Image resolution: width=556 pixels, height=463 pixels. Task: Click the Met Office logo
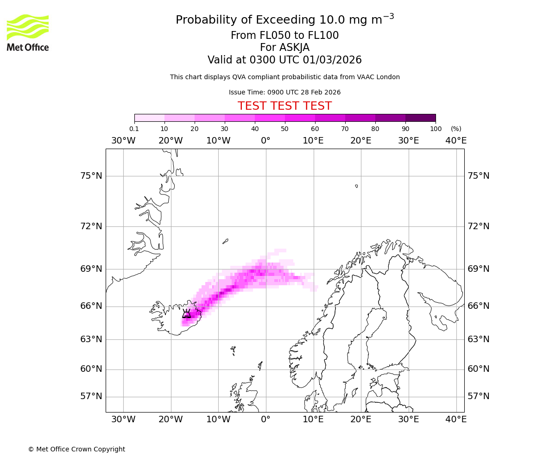28,32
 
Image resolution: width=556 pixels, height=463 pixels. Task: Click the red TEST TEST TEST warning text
284,106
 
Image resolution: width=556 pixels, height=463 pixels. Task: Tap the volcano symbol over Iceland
186,314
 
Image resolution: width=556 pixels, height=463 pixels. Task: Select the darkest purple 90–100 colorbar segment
420,118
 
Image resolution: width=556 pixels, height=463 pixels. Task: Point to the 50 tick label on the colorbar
284,129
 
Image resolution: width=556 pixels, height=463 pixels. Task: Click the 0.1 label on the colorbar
134,129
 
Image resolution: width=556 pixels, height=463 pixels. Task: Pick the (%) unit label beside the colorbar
456,129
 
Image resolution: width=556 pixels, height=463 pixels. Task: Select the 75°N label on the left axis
90,176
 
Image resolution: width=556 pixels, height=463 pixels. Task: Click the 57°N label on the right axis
479,396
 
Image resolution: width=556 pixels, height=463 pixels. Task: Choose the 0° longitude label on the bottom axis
265,419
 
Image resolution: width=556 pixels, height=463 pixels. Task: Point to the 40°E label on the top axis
456,141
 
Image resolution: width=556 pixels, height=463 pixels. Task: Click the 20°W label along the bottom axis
171,419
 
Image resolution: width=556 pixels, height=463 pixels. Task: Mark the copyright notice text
76,449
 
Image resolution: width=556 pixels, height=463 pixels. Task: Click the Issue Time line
284,92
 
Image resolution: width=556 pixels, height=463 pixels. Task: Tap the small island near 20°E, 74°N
356,186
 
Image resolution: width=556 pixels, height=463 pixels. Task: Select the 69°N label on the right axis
479,269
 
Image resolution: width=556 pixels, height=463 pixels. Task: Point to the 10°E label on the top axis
313,141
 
